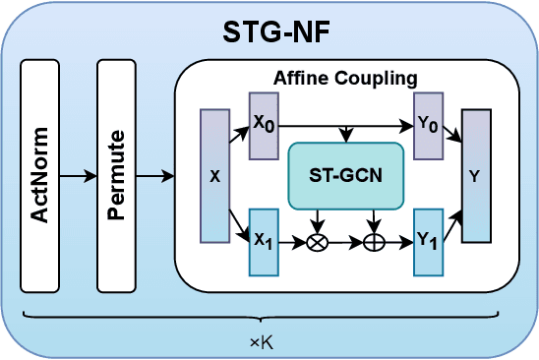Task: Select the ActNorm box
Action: [x=39, y=176]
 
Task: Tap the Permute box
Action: [x=116, y=176]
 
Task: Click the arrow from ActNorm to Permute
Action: [x=78, y=177]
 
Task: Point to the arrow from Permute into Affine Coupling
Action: [x=154, y=177]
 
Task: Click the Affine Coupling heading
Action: [x=345, y=77]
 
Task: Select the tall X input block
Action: [x=214, y=176]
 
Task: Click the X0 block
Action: [x=264, y=126]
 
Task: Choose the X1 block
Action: [x=264, y=242]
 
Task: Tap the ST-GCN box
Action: [x=345, y=176]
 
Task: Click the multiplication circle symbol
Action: [x=318, y=243]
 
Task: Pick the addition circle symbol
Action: [x=374, y=243]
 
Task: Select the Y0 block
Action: [x=428, y=126]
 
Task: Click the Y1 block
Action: [x=428, y=242]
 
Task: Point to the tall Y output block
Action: [x=476, y=176]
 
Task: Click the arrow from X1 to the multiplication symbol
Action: [x=292, y=243]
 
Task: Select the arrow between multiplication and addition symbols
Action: [x=345, y=243]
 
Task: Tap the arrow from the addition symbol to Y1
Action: [x=398, y=243]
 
